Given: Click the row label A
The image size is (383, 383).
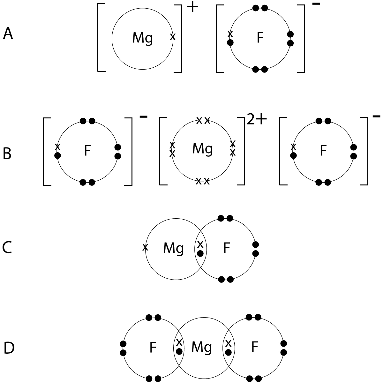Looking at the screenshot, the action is (x=8, y=34).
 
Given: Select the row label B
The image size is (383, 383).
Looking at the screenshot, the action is (x=7, y=154).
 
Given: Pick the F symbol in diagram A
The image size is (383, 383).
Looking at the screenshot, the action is (x=260, y=37).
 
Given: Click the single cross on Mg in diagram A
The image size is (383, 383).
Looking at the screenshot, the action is (x=173, y=37).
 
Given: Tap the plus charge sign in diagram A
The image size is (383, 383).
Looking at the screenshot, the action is (x=192, y=7).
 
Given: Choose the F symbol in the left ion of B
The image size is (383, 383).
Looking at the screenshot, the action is (x=87, y=150).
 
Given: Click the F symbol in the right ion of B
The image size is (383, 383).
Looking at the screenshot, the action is (x=323, y=150).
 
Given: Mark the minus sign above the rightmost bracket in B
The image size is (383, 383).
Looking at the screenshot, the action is (x=376, y=116).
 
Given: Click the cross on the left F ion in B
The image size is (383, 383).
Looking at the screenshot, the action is (x=57, y=147).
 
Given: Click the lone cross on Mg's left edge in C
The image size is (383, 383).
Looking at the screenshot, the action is (x=145, y=247).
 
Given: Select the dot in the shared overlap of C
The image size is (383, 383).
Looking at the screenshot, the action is (x=200, y=253).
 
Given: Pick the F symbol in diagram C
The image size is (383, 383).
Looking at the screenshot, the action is (x=227, y=248).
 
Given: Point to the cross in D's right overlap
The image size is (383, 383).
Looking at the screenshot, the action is (x=229, y=343).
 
